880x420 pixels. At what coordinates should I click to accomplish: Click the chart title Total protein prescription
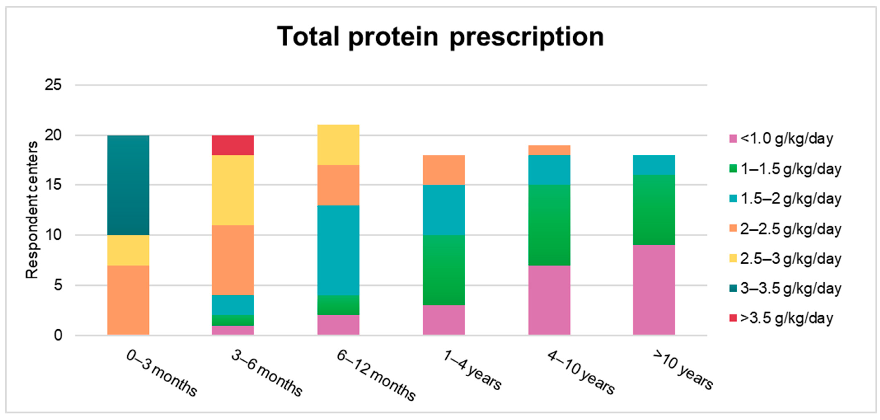coord(440,37)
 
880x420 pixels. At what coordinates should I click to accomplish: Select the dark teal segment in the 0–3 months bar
coord(128,185)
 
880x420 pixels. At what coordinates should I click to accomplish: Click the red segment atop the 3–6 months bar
coord(233,145)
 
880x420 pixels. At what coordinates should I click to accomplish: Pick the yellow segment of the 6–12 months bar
coord(338,145)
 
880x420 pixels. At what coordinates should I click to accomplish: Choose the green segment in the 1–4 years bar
coord(444,270)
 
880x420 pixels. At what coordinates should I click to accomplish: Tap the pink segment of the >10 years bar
coord(654,290)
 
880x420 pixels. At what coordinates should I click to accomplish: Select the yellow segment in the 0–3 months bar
coord(128,250)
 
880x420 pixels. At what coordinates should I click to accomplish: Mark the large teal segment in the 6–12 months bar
coord(338,250)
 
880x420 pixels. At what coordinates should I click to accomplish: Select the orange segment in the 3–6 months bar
coord(233,260)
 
